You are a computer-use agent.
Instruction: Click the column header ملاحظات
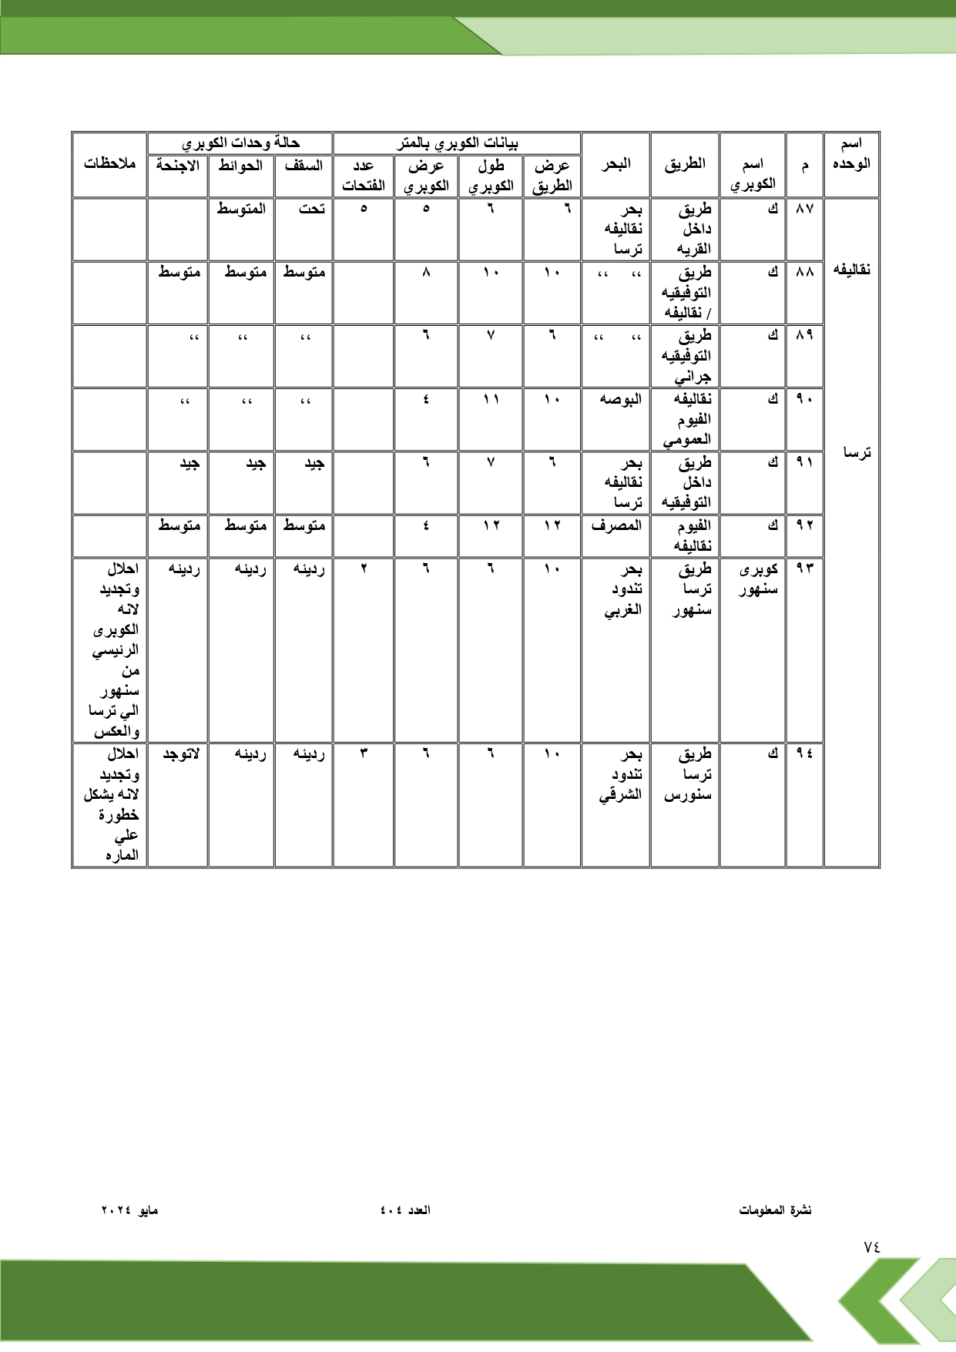(x=109, y=164)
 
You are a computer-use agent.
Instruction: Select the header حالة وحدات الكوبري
(x=240, y=143)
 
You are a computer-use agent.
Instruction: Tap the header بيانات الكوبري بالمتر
(x=457, y=143)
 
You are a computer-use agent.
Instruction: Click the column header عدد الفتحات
(x=364, y=175)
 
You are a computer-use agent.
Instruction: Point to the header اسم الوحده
(x=851, y=153)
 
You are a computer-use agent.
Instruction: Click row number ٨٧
(x=804, y=209)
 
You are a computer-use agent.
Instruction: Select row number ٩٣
(x=804, y=569)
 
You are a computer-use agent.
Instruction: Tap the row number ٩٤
(x=804, y=753)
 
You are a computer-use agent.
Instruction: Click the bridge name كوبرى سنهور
(x=758, y=579)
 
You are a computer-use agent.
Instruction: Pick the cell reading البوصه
(x=621, y=399)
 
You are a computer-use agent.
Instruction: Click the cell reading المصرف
(x=616, y=525)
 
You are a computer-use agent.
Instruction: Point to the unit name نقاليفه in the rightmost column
(x=852, y=270)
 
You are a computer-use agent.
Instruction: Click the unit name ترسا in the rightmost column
(x=857, y=453)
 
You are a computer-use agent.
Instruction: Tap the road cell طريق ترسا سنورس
(x=689, y=774)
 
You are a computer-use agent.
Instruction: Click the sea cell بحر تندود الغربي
(x=622, y=589)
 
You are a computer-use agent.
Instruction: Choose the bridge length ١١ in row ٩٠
(x=491, y=399)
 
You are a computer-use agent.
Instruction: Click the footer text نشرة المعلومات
(x=775, y=1210)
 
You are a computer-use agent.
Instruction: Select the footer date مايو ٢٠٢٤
(x=129, y=1210)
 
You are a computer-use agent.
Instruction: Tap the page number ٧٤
(x=871, y=1246)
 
